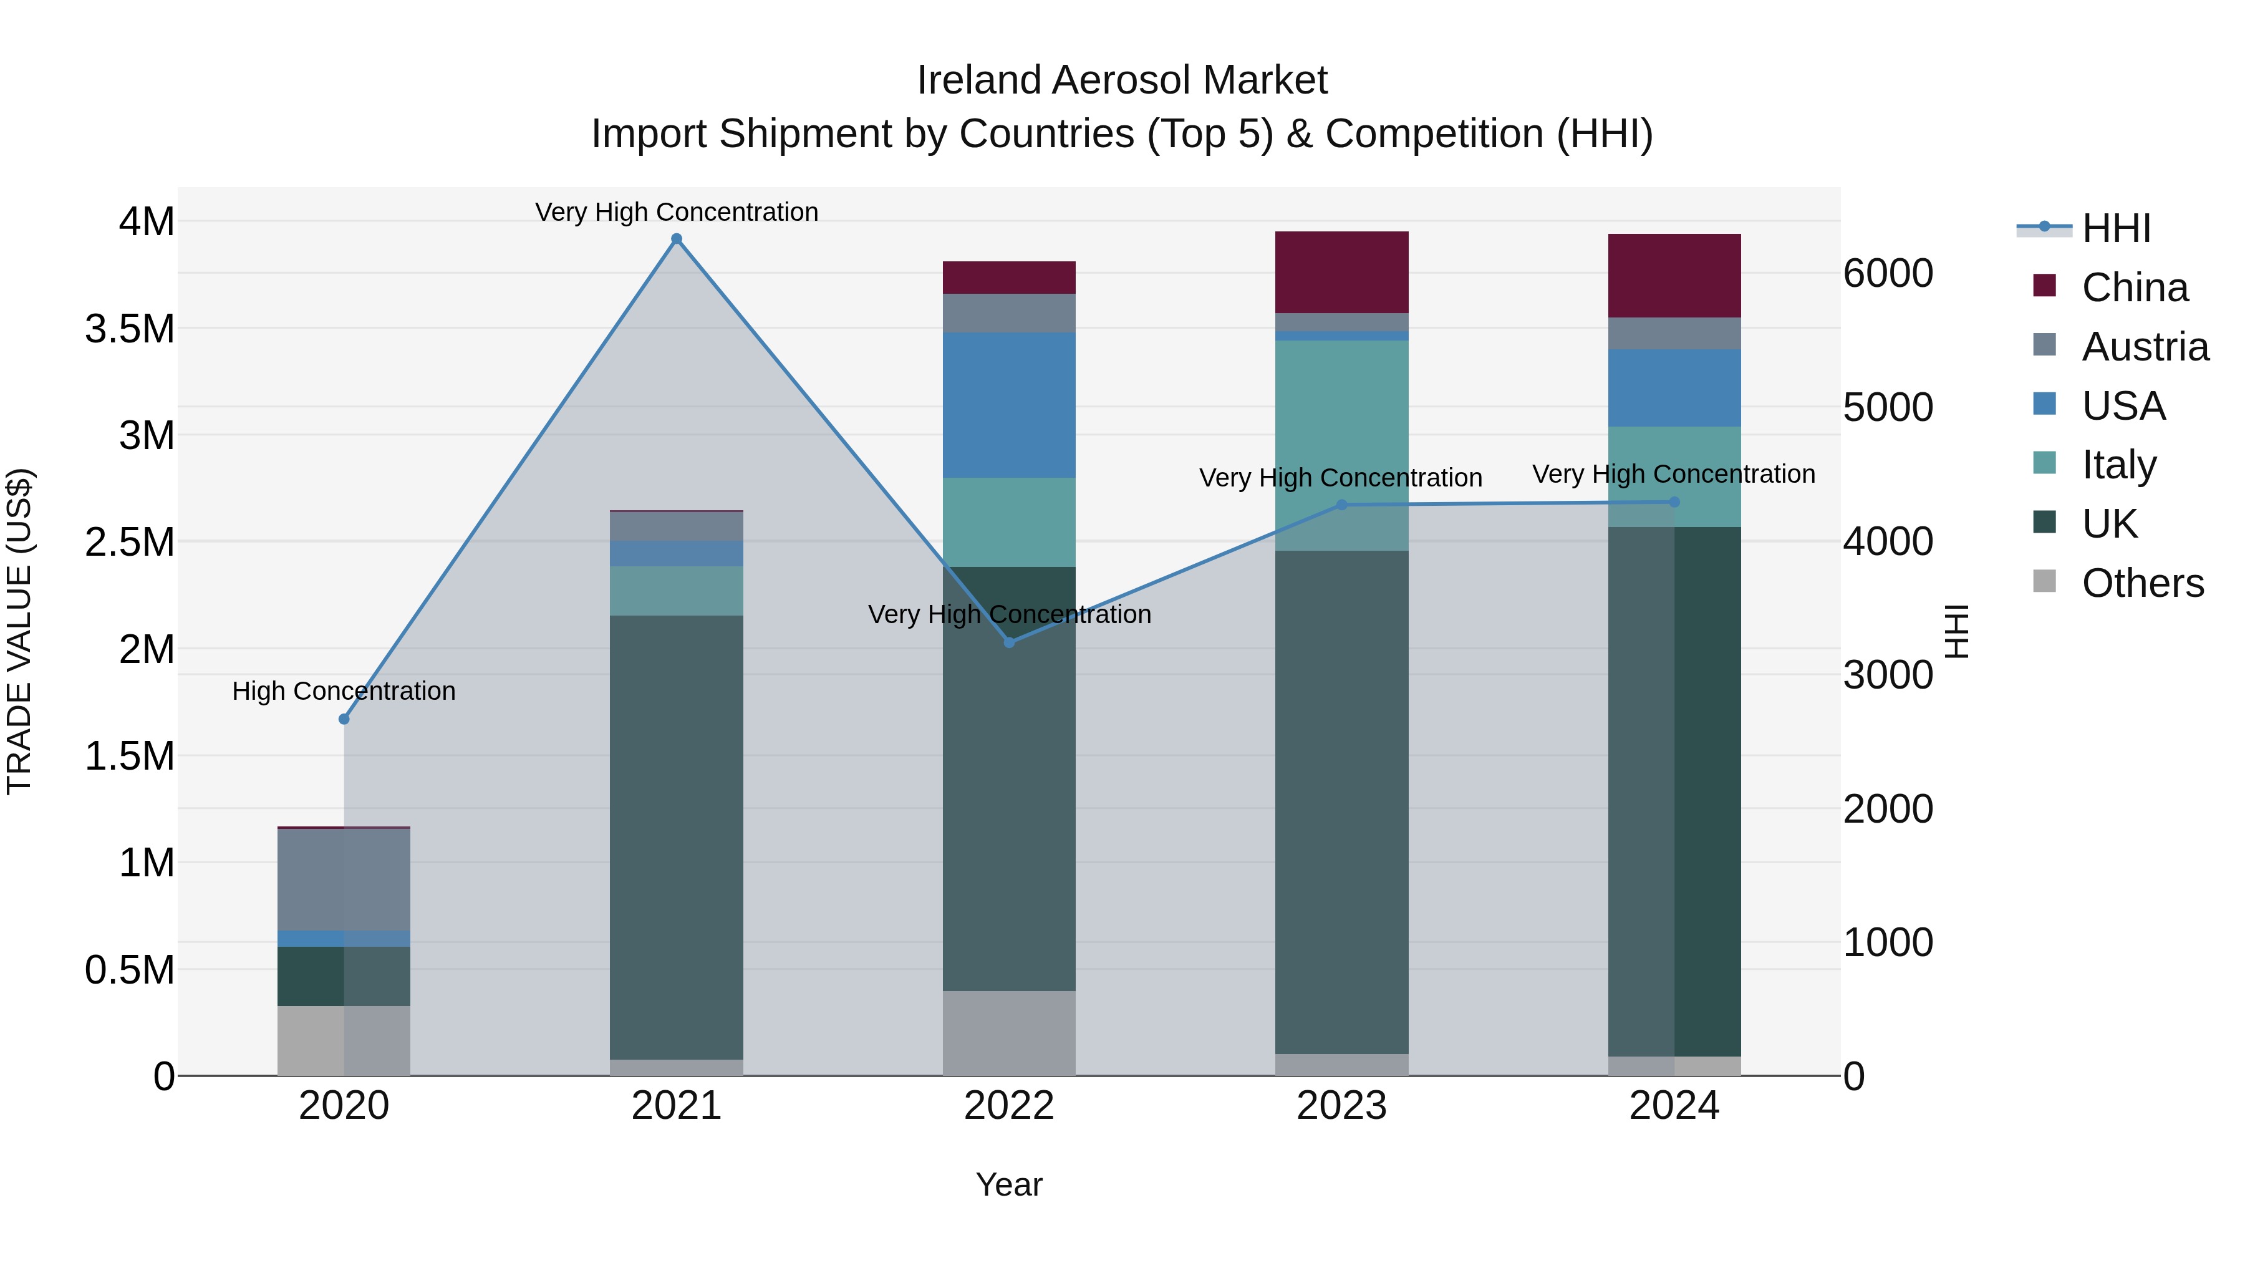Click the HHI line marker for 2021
pos(676,239)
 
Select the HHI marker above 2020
pos(344,719)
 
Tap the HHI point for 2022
pos(1009,642)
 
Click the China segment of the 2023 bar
pos(1341,272)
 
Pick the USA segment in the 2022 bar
pos(1009,404)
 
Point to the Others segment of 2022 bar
pos(1009,1033)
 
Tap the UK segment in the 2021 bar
pos(676,837)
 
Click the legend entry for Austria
pos(2144,347)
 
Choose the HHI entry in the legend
pos(2116,228)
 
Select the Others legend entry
pos(2142,583)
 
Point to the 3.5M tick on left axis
pos(129,329)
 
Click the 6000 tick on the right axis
pos(1888,274)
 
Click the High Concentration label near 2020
pos(344,691)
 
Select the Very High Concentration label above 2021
pos(676,212)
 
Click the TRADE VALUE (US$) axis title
pos(19,631)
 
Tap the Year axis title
pos(1008,1184)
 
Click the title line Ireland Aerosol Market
pos(1122,80)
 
